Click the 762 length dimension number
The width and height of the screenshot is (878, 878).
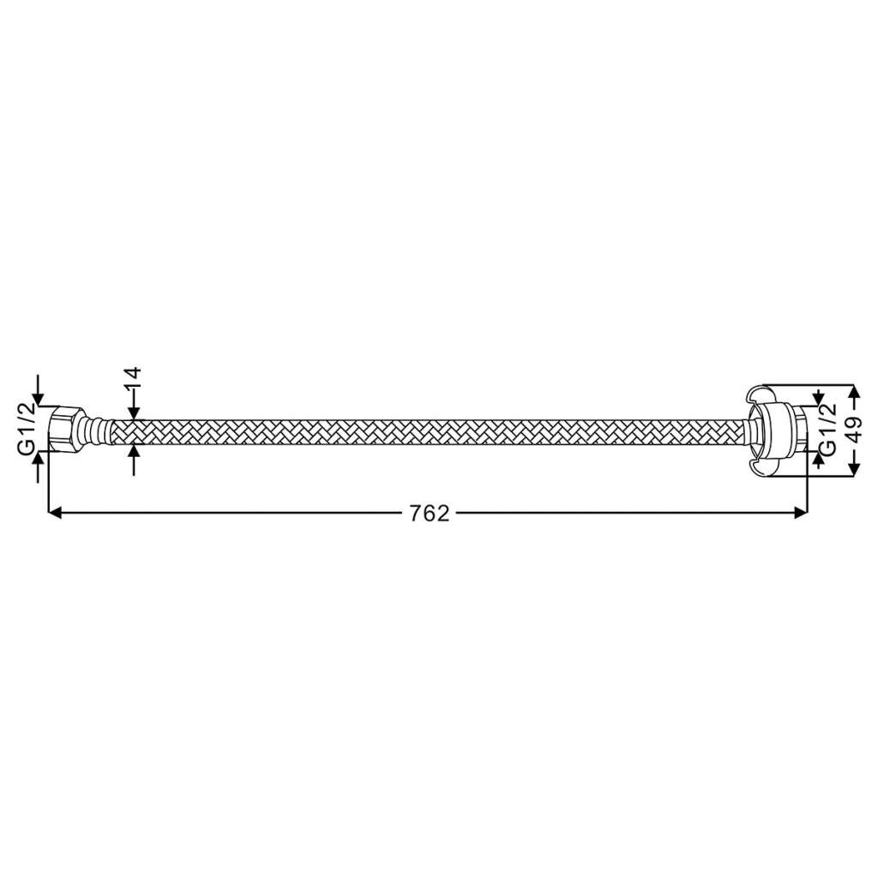[430, 513]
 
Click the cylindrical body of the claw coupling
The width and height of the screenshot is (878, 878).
[782, 430]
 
